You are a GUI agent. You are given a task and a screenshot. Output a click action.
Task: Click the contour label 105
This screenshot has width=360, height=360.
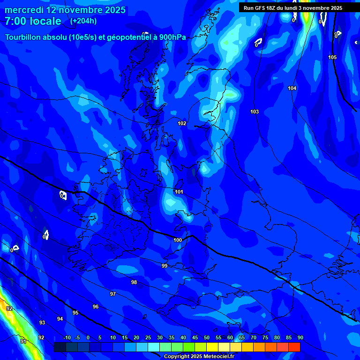coord(332,57)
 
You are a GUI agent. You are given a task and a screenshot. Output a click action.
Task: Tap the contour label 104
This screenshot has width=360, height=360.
coord(292,88)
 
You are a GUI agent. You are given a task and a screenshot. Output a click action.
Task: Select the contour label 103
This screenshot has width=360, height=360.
coord(255,112)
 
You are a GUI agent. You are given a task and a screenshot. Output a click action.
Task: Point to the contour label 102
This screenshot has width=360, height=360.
coord(182,123)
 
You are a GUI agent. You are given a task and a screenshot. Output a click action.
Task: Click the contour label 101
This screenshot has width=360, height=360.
coord(179,192)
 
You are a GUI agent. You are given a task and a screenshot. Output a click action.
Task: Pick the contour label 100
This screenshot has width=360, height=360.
coord(178,240)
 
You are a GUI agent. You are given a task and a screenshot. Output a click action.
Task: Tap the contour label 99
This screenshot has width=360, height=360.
coord(164,266)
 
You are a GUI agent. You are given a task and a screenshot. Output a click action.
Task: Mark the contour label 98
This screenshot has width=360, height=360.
coord(134,282)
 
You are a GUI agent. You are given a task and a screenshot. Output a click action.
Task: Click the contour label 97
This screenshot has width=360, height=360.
coord(112,294)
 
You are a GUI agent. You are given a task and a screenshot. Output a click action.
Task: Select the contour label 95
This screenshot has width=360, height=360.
coord(75,313)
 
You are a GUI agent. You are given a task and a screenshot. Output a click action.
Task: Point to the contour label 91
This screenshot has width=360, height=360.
coord(23,341)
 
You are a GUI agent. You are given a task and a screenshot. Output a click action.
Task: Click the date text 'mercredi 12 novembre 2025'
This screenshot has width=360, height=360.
coord(65,10)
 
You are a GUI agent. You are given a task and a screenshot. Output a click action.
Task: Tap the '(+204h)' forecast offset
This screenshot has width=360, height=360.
coord(83,21)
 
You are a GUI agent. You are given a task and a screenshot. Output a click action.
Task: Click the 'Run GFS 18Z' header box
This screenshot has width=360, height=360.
coord(293,8)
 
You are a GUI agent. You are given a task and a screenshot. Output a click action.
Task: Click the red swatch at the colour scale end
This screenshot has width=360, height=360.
coord(294,347)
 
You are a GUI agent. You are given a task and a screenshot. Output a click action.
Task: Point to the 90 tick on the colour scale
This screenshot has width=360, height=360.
coord(300,338)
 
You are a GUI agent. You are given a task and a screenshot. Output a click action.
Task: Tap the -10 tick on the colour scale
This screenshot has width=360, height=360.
coord(67,338)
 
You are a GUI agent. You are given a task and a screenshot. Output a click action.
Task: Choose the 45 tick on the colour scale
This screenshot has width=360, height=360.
coord(195,338)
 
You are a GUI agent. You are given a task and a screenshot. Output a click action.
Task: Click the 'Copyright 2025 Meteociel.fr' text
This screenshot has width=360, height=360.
coord(199,356)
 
